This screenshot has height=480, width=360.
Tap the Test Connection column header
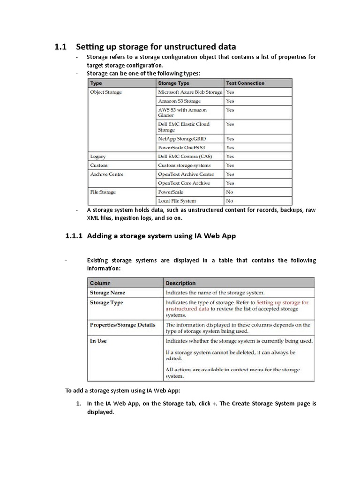tap(245, 83)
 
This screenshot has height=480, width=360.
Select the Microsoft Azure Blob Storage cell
tap(190, 92)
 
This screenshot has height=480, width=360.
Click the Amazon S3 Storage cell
tap(180, 101)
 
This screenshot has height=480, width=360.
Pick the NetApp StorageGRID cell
tap(182, 139)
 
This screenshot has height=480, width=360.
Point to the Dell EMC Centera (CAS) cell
tap(184, 156)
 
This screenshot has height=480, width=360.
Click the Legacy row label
tap(98, 156)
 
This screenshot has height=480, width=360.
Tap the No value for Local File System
tap(230, 201)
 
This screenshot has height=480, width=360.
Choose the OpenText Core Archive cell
tap(184, 183)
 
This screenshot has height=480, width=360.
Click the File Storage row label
tap(103, 192)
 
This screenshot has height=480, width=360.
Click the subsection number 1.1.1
tap(74, 236)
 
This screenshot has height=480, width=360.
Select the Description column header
tap(181, 283)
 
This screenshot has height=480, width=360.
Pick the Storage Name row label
tap(107, 292)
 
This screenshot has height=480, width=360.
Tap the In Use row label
tap(98, 341)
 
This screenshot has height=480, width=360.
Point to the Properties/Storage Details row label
tap(123, 324)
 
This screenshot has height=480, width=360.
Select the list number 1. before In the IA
tap(79, 403)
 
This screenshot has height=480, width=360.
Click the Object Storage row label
tap(106, 92)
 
